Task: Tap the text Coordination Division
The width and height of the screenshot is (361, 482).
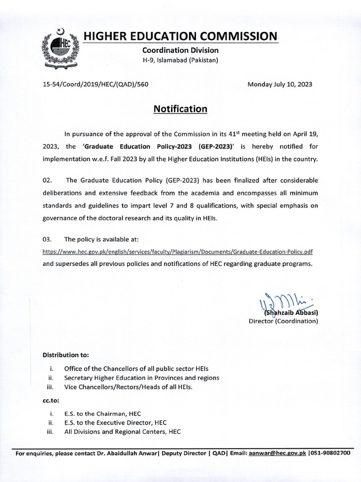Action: coord(180,50)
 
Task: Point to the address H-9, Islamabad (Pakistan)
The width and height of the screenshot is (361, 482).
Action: coord(180,60)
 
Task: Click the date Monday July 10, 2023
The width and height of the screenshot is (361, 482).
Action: coord(280,85)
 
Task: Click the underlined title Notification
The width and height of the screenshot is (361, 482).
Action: coord(180,109)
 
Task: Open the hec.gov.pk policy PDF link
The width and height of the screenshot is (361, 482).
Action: coord(178,252)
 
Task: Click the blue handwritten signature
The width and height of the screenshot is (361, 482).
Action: coord(277,302)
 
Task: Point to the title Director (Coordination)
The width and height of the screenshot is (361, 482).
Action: coord(283,321)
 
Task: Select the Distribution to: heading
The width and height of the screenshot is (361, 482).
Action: coord(65,354)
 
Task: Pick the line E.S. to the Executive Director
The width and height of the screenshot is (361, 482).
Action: coord(115,423)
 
